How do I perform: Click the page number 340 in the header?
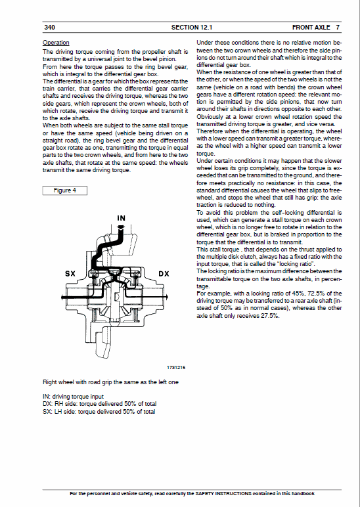pyautogui.click(x=49, y=28)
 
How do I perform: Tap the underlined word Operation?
pyautogui.click(x=56, y=43)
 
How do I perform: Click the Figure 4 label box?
pyautogui.click(x=64, y=190)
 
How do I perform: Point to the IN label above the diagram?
pyautogui.click(x=121, y=217)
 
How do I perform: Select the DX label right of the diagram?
pyautogui.click(x=165, y=273)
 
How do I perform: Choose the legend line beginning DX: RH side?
pyautogui.click(x=99, y=404)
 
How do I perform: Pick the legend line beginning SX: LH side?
pyautogui.click(x=99, y=412)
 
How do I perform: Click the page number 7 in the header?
pyautogui.click(x=337, y=28)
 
